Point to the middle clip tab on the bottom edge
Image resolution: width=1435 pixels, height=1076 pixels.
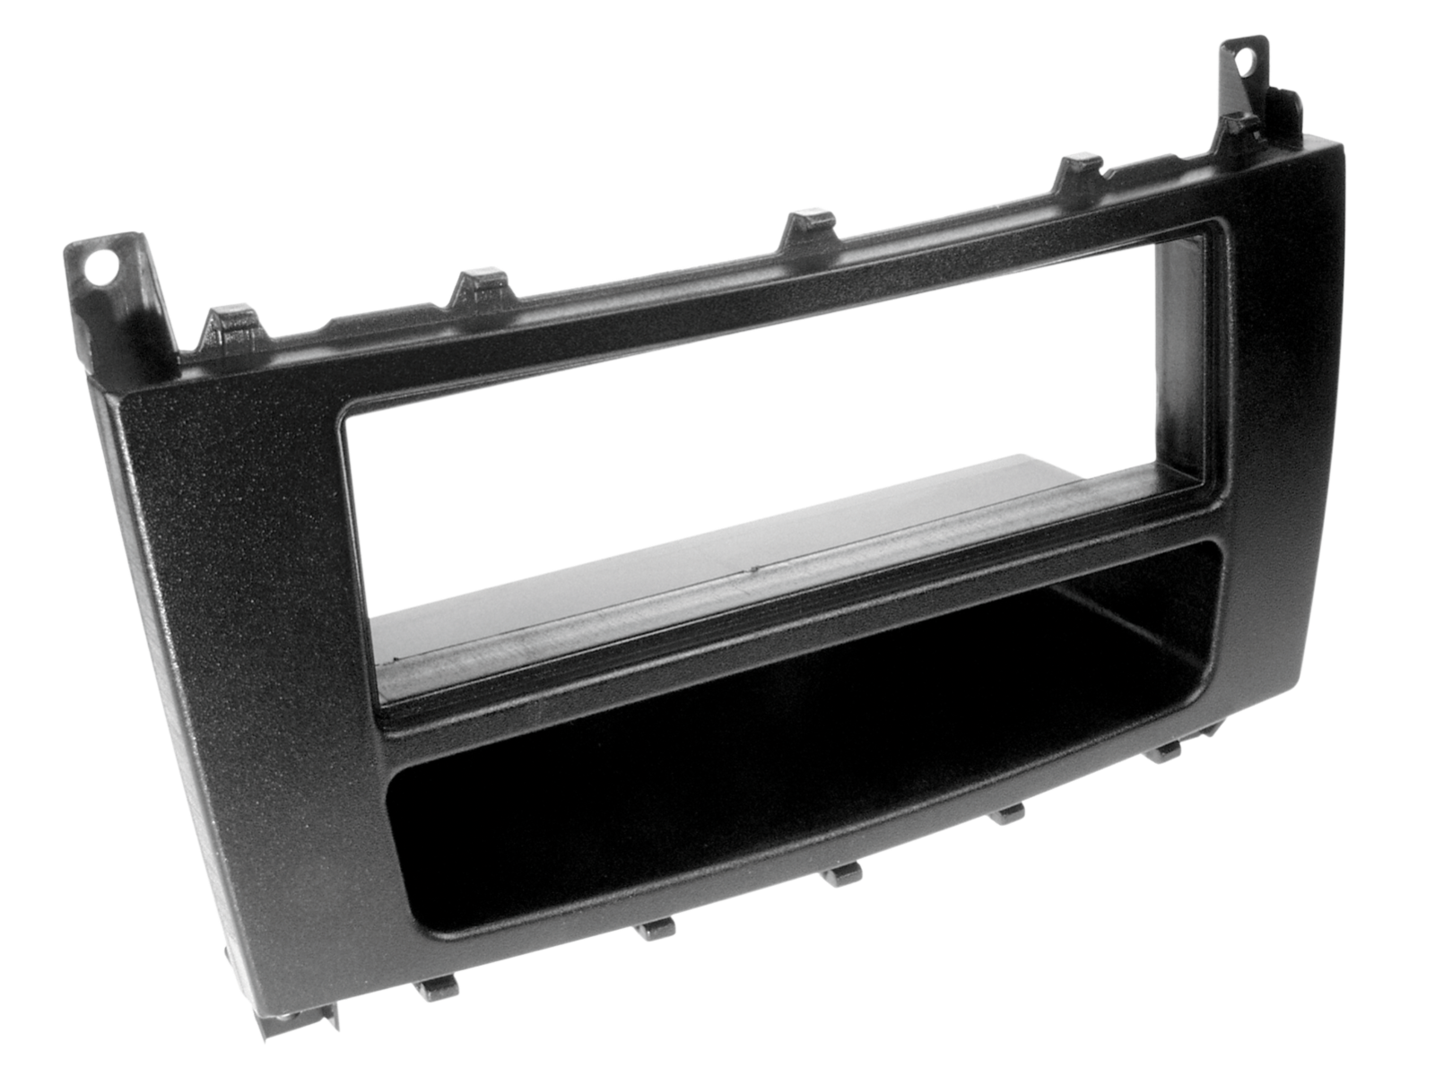843,874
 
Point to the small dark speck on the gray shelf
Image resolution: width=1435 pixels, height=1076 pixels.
754,568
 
